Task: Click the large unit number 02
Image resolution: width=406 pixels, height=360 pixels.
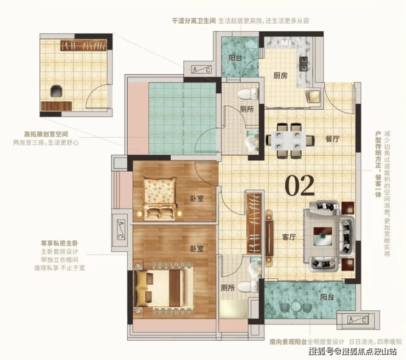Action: pos(300,185)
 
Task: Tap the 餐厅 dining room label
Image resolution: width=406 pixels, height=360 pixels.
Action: pos(332,139)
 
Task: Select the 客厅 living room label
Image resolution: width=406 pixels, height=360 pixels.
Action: pos(289,237)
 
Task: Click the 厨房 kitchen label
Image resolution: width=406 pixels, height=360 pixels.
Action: pos(280,76)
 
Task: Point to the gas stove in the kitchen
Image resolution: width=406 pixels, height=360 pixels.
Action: pos(303,64)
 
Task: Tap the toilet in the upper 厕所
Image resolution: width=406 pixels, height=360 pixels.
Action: pos(248,93)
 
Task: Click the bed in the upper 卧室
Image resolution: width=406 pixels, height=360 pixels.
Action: pos(160,198)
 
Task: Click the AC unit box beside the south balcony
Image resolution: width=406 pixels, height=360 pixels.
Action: pos(358,320)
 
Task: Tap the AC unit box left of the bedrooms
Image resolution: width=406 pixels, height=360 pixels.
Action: pos(121,229)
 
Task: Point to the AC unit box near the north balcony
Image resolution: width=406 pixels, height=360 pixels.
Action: pos(201,69)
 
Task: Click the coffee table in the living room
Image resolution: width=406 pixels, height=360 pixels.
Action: pos(323,236)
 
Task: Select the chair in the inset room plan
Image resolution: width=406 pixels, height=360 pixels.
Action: pos(57,91)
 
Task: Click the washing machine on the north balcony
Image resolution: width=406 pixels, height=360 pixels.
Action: pos(251,43)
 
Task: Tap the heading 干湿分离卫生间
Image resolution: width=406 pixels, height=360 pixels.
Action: pos(194,21)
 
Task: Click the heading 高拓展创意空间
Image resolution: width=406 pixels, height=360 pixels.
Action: pos(46,134)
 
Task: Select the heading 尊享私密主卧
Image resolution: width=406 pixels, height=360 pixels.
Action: pos(59,244)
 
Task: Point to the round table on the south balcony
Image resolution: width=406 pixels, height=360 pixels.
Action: pos(295,306)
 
